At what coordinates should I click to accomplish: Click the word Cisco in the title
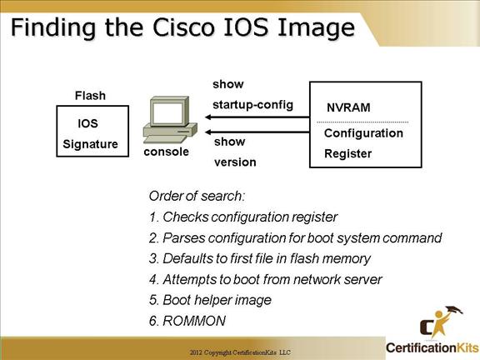183,27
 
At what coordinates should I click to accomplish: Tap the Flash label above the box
90,96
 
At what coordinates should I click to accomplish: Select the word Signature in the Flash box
90,144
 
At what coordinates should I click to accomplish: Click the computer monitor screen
167,113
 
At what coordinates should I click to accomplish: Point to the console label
166,152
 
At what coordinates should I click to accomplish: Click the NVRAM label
348,107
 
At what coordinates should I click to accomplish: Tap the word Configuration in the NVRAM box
363,133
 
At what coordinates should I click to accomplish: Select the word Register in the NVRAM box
348,153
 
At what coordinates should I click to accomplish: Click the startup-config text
252,105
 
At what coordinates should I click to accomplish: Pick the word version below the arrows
235,162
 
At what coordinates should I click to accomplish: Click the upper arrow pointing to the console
257,117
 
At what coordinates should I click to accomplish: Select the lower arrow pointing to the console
257,132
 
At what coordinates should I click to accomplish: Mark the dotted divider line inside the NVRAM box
362,122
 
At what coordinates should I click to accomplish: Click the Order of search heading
197,196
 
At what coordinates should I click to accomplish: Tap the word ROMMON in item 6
194,321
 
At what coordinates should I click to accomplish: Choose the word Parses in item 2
183,237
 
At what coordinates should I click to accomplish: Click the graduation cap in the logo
454,310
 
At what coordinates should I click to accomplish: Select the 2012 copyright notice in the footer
240,352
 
